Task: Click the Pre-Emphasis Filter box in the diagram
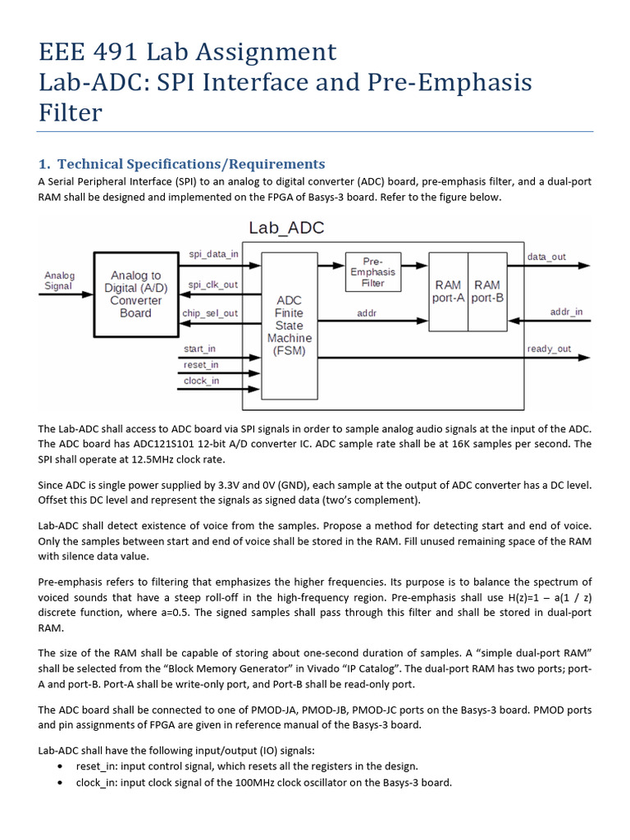(373, 271)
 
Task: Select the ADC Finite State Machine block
(289, 326)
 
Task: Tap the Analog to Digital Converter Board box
(135, 294)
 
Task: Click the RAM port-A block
(449, 291)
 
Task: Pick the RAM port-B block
(487, 291)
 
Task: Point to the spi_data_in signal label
(213, 254)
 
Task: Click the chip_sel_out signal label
(209, 313)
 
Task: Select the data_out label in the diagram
(546, 257)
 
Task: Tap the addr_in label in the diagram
(565, 312)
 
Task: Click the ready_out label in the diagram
(549, 349)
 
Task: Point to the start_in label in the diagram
(199, 349)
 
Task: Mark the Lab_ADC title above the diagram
(285, 228)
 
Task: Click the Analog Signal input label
(59, 281)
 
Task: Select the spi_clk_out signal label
(212, 285)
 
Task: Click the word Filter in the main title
(71, 112)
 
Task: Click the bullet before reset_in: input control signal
(60, 766)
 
